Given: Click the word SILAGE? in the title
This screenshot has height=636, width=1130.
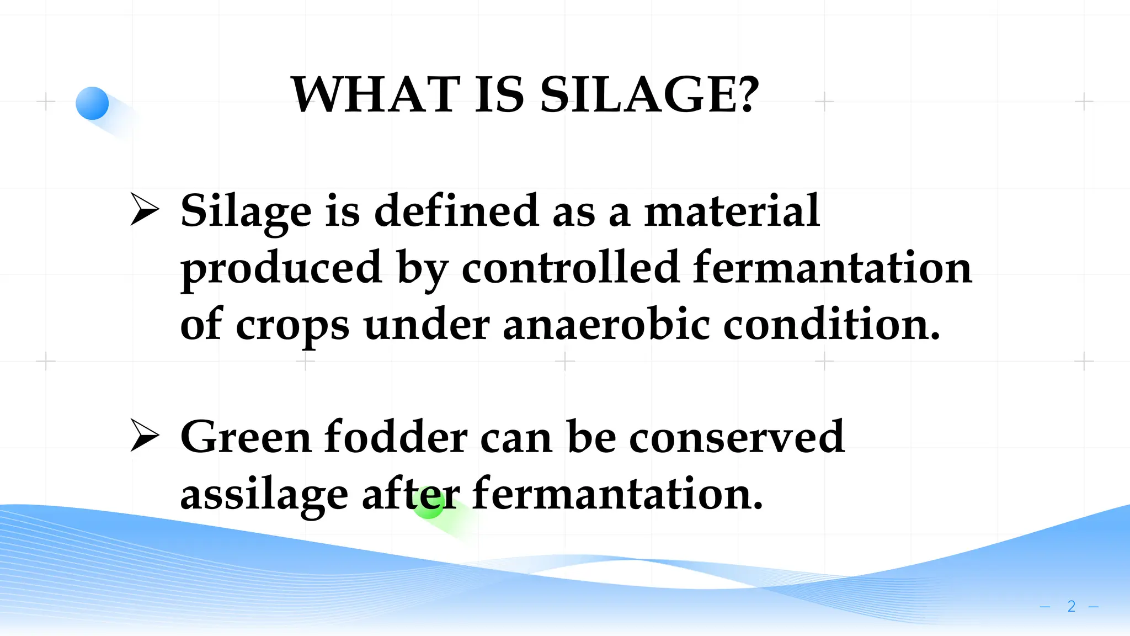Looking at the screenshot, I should tap(649, 95).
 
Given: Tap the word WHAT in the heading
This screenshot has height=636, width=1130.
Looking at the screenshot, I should tap(375, 95).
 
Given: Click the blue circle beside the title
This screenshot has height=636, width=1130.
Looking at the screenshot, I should tap(92, 103).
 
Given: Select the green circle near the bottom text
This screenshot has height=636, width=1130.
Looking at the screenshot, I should tap(429, 503).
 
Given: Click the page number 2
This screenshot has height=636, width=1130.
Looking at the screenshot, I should tap(1071, 606).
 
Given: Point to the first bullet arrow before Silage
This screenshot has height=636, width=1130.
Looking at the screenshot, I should tap(145, 210).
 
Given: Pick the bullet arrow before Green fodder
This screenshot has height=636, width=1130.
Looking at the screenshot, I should tap(145, 436).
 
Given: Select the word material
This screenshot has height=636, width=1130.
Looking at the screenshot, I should tap(732, 211).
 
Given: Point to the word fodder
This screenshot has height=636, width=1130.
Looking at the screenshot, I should tap(395, 437).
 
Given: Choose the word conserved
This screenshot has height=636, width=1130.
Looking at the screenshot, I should tap(736, 437).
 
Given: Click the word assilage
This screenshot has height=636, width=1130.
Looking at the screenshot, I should tap(264, 495).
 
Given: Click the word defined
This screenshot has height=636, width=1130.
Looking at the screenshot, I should tap(456, 211).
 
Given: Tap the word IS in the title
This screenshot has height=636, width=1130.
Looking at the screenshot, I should tap(499, 95).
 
